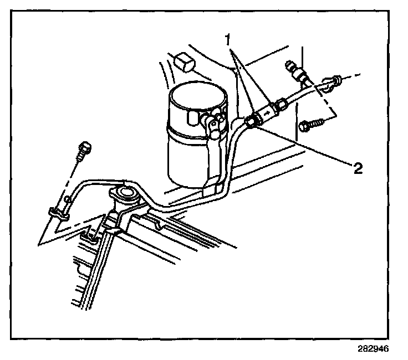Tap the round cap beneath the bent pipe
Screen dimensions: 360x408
pos(125,194)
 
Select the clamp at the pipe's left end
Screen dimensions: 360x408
pos(57,211)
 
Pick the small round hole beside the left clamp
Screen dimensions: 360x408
pos(68,198)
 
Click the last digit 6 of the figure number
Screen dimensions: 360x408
pos(386,349)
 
